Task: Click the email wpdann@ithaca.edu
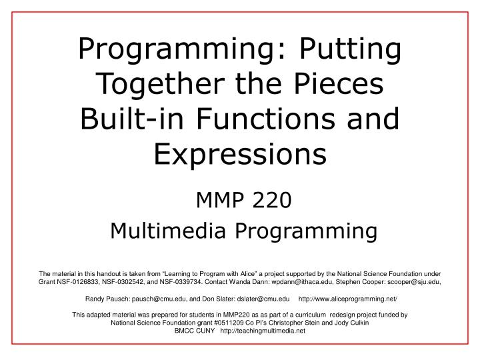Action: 305,282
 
